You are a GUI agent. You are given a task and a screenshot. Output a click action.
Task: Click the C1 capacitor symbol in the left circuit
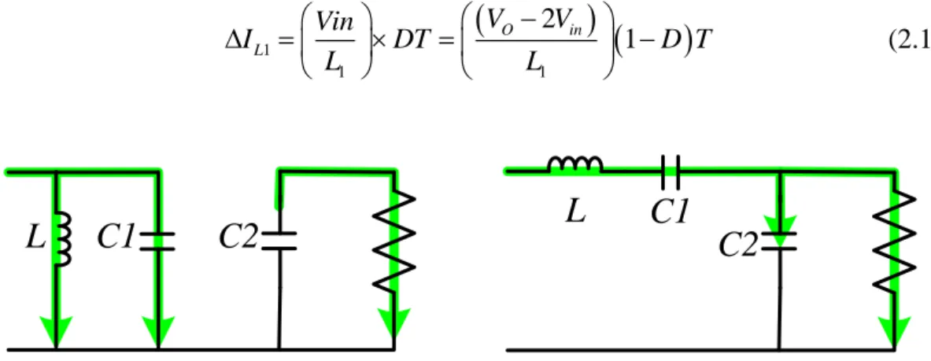157,241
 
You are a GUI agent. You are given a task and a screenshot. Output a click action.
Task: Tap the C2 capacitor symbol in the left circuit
279,241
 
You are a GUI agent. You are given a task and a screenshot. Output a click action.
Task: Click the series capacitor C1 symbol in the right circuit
670,171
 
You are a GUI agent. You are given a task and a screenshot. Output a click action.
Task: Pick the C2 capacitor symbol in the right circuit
778,241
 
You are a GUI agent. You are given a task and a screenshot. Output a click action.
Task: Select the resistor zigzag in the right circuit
893,244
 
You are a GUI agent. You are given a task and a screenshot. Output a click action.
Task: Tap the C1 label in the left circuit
116,241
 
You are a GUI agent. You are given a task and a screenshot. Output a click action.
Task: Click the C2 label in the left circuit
238,240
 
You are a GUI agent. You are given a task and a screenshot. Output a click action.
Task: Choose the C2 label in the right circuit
739,245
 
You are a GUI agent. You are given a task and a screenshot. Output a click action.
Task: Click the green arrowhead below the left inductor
55,331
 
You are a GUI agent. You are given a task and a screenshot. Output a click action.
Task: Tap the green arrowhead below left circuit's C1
157,331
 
